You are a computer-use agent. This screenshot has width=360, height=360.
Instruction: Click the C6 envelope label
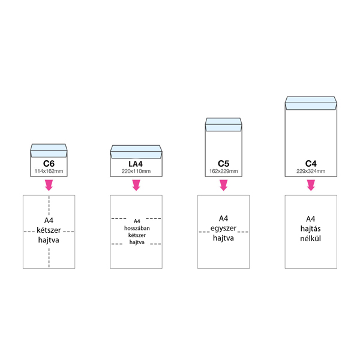point(49,163)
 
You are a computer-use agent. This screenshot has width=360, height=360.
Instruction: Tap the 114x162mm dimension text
point(49,171)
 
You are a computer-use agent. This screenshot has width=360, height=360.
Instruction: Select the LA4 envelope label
point(136,163)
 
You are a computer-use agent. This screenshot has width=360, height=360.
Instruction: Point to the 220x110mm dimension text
point(136,171)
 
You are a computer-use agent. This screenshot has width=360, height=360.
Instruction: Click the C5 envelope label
point(223,163)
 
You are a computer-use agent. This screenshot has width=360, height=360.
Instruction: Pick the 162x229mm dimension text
point(223,171)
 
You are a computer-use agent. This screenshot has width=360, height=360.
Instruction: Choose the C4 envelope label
point(310,163)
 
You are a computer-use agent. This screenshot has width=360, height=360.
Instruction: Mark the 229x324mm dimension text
point(310,171)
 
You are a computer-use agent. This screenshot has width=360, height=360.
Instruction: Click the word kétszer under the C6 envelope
point(49,230)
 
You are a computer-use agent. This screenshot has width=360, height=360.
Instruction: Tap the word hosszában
point(136,228)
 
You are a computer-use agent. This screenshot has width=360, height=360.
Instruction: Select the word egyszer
point(223,228)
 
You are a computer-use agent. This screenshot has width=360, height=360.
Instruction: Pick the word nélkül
point(310,238)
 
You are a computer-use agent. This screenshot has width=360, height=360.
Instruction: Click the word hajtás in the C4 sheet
point(310,229)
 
